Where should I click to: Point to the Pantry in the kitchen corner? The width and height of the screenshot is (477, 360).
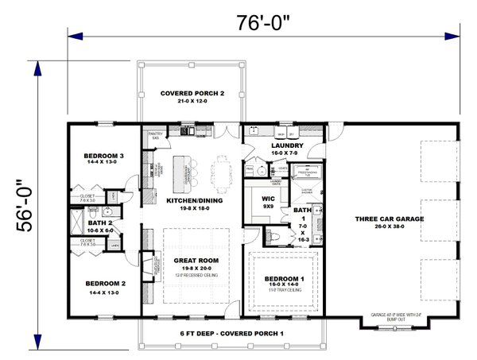[155, 137]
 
